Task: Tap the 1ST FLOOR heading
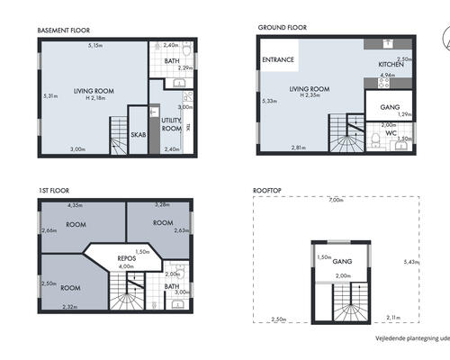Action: click(54, 191)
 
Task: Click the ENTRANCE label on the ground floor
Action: click(278, 60)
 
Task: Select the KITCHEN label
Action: click(391, 66)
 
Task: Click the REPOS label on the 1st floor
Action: click(126, 258)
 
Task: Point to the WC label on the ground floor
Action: click(391, 133)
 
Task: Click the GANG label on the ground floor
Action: click(379, 106)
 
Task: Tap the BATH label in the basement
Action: click(171, 61)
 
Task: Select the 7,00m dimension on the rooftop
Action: click(336, 199)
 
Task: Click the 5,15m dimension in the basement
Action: click(94, 44)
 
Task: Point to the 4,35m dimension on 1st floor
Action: click(76, 206)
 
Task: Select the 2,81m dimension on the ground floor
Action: click(298, 148)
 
